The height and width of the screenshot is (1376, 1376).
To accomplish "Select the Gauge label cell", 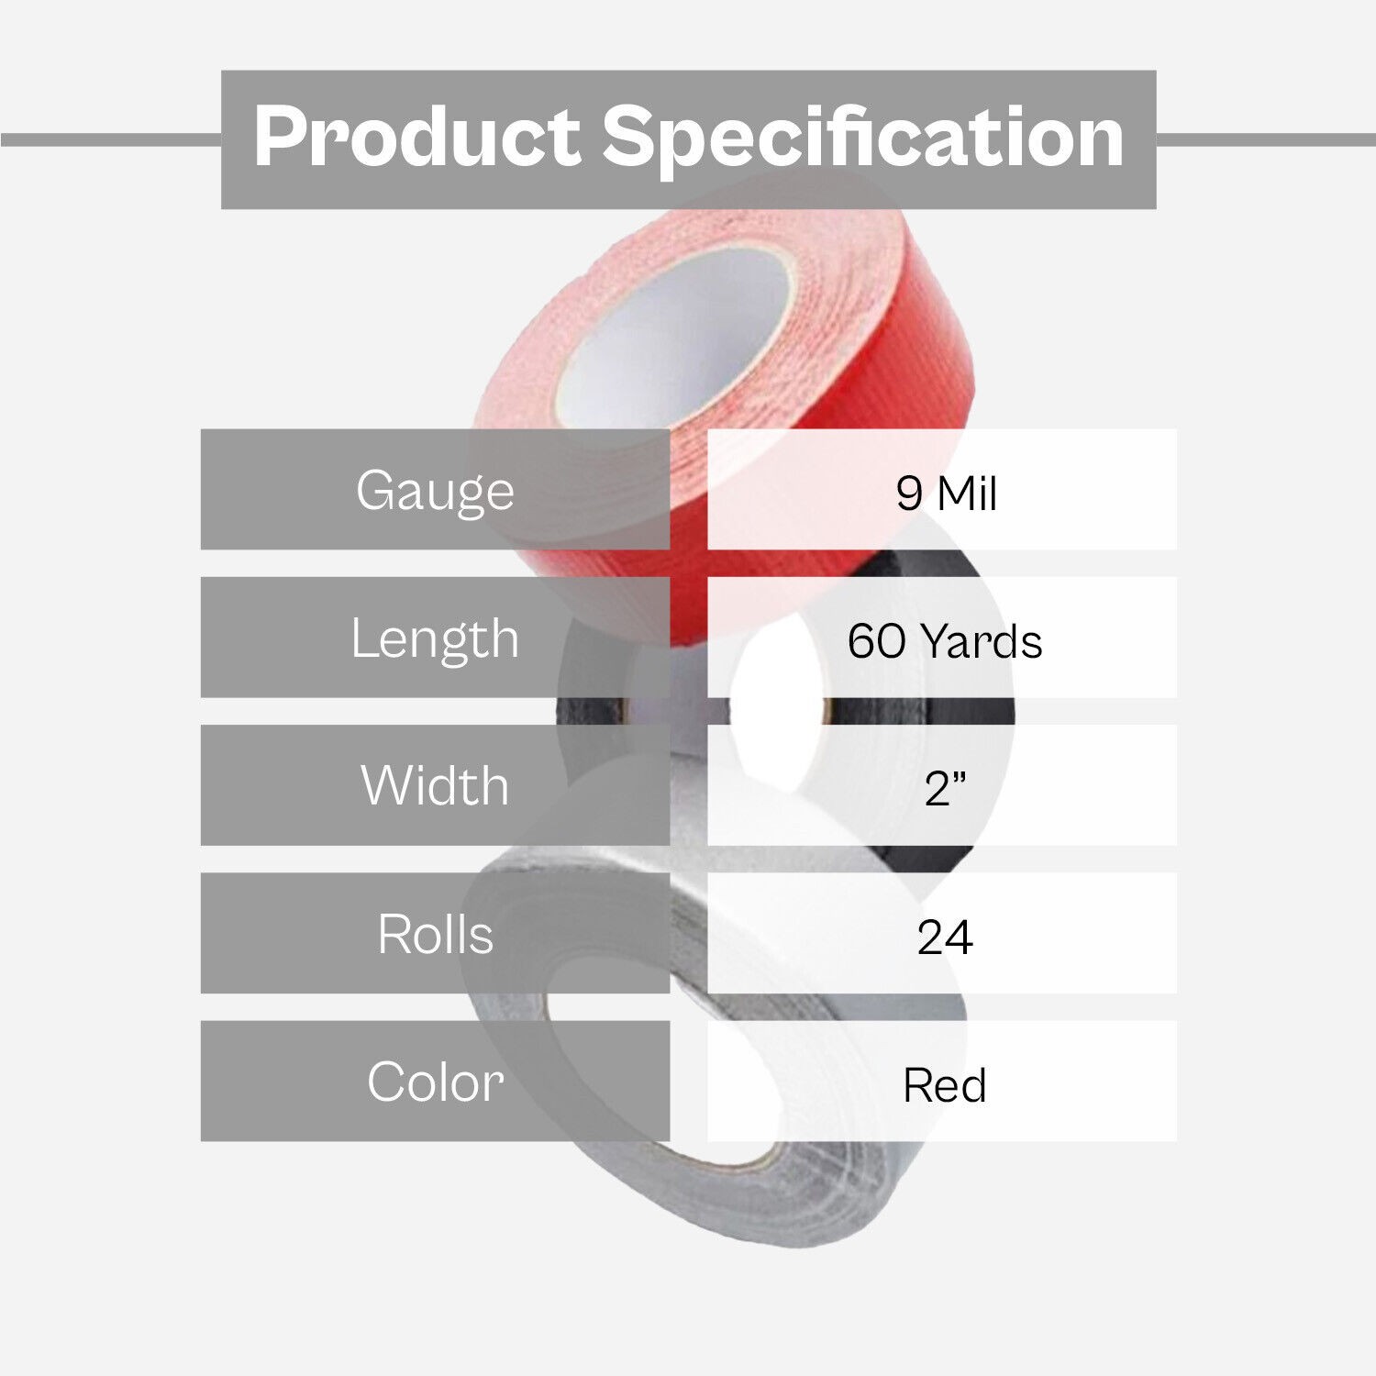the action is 435,489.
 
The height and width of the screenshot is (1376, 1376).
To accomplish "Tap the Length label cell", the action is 435,638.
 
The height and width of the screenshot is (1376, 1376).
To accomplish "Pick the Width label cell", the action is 435,785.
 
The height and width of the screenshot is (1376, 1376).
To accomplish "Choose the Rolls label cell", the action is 435,933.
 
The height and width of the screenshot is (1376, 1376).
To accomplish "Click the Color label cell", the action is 435,1081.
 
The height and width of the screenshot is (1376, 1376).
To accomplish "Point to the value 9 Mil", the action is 946,494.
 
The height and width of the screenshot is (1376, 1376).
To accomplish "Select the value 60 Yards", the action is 944,640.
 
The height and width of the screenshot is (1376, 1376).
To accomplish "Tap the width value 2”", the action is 945,788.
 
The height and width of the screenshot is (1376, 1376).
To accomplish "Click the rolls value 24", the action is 944,937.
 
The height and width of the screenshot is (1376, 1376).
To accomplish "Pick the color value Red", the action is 944,1085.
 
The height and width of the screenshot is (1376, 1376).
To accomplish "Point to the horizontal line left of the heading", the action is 111,139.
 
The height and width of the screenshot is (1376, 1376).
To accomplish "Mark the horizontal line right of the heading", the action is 1266,139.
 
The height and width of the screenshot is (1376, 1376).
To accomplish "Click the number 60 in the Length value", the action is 876,640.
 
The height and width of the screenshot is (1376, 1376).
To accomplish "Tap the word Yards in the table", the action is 982,640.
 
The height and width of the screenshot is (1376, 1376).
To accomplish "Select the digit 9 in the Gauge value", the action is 908,494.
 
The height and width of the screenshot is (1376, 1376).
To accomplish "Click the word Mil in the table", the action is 967,494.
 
